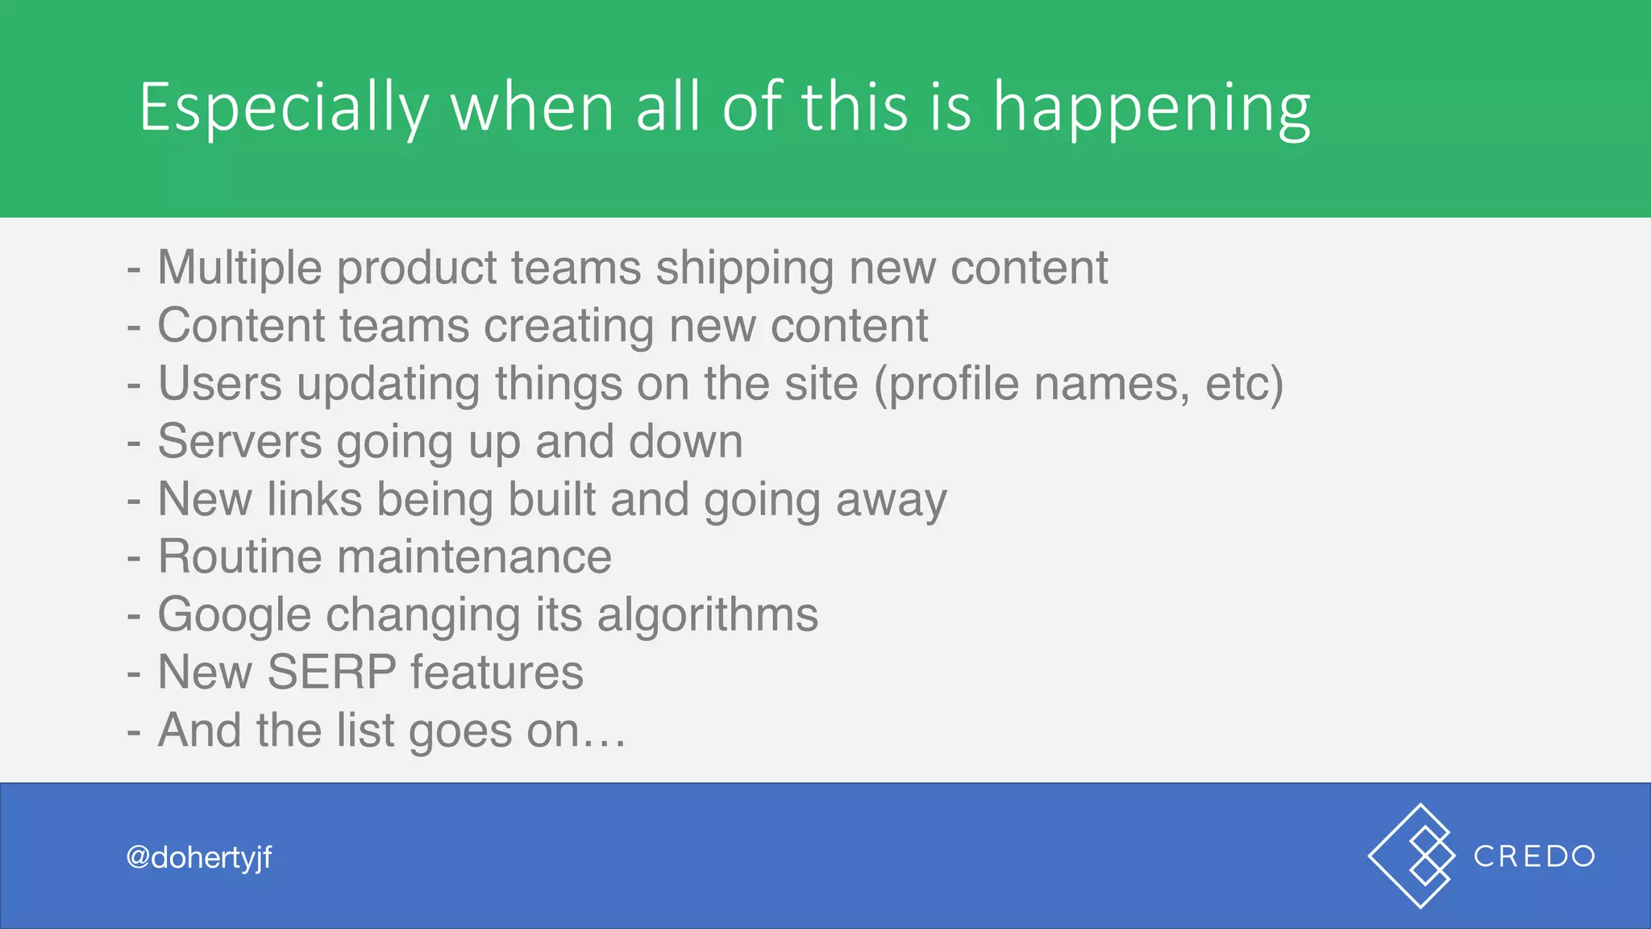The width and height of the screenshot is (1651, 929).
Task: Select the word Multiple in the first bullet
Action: (239, 268)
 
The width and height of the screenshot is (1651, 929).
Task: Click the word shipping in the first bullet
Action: (744, 269)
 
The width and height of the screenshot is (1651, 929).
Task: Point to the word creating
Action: (568, 327)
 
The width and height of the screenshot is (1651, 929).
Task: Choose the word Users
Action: (219, 383)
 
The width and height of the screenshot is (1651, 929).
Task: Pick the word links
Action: (314, 499)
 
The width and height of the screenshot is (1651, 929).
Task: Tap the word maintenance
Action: (474, 557)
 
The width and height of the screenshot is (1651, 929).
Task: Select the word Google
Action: (234, 616)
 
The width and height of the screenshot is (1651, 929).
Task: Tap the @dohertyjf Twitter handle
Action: (199, 857)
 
